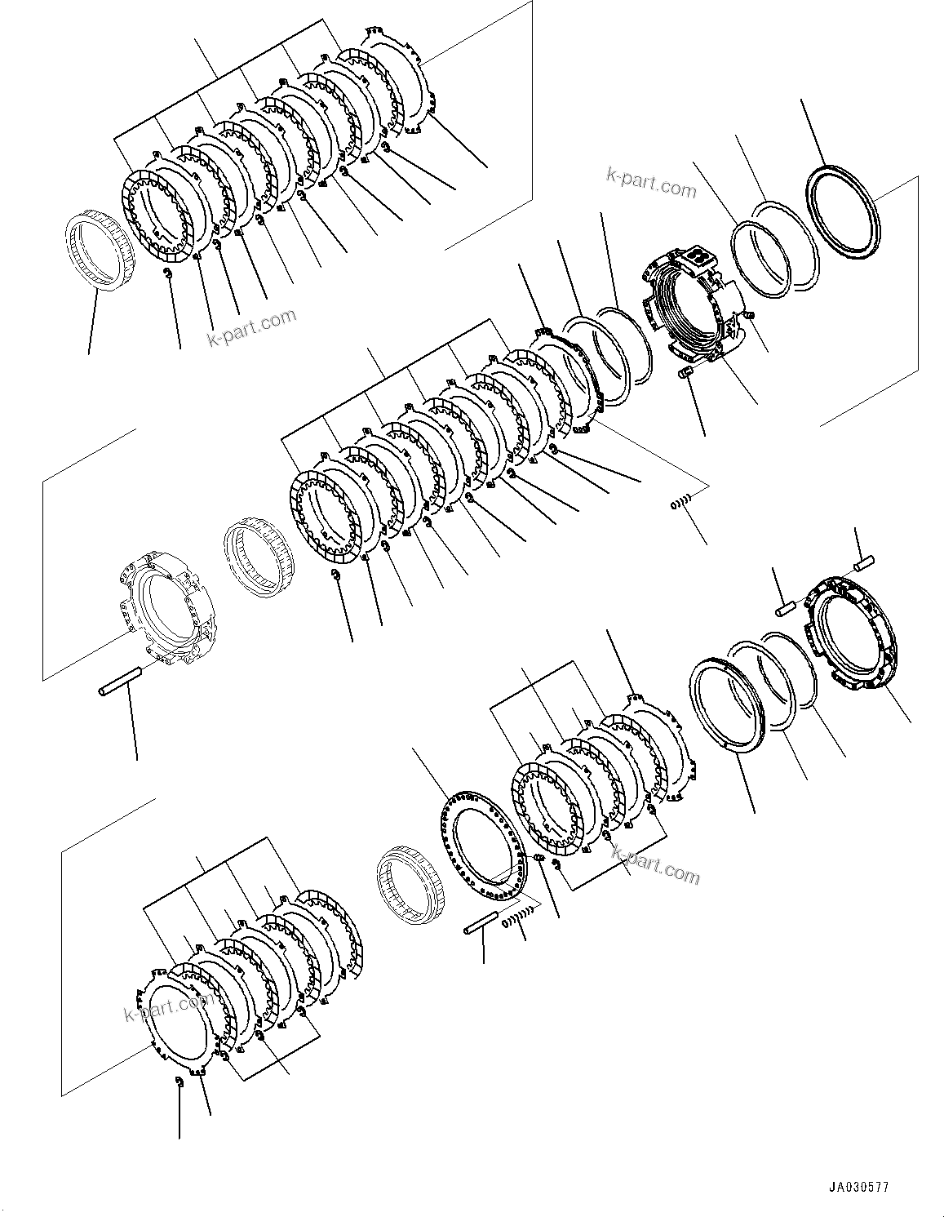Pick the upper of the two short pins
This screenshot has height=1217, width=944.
pos(863,562)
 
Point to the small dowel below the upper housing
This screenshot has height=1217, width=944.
pos(685,373)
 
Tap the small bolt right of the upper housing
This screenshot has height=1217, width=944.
pos(750,314)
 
